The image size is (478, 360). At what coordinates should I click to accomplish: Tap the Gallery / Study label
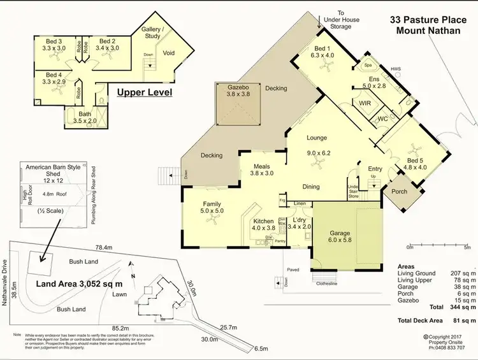click(x=153, y=32)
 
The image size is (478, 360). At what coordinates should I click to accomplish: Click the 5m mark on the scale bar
click(x=468, y=247)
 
